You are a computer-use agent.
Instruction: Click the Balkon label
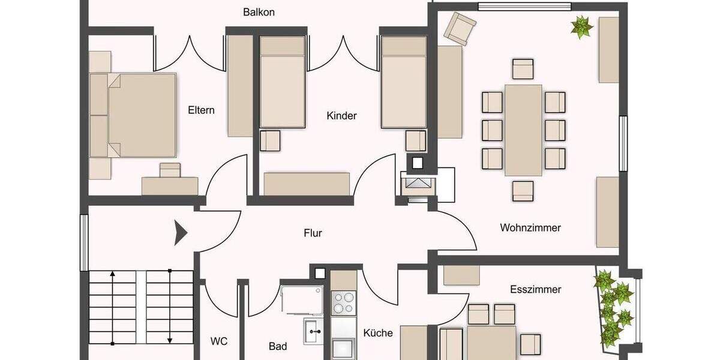tap(259, 12)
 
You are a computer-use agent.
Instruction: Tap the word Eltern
tap(201, 110)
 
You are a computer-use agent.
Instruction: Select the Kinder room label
tap(341, 116)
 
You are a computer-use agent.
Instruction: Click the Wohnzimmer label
tap(530, 228)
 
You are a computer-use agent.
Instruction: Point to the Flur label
tap(313, 233)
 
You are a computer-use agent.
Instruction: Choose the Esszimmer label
tap(535, 289)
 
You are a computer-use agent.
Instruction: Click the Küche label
tap(378, 333)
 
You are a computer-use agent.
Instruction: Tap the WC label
tap(218, 342)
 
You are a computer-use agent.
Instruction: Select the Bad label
tap(277, 346)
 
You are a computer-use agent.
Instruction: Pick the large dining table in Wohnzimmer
tap(523, 130)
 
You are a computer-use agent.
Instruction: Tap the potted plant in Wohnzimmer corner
tap(581, 27)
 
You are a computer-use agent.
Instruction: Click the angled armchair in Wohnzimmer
tap(460, 28)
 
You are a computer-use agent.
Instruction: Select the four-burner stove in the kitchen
tap(344, 303)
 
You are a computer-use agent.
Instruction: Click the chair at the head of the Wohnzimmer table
tap(523, 69)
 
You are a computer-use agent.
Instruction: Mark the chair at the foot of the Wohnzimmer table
tap(523, 191)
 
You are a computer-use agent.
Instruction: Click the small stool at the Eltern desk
tap(170, 170)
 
